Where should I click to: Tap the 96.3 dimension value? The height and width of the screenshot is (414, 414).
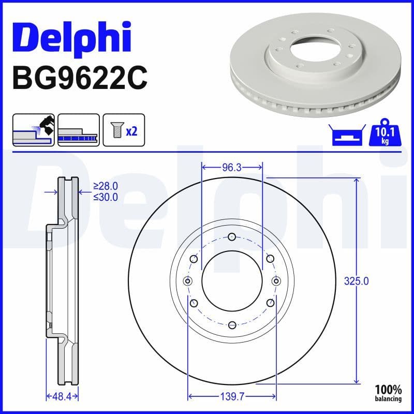click(x=232, y=168)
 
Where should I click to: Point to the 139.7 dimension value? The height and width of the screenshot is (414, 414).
click(x=232, y=396)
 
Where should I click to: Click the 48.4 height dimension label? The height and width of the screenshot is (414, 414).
click(x=62, y=396)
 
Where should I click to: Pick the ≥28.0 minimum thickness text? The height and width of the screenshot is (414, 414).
click(x=106, y=186)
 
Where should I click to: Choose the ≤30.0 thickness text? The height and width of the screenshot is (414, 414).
click(x=106, y=197)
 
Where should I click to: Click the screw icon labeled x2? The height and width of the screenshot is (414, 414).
click(x=124, y=130)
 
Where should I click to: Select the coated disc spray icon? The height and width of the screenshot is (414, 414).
click(x=34, y=130)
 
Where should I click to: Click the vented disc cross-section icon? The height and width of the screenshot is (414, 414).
click(x=79, y=130)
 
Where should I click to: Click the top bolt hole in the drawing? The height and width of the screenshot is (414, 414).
click(x=232, y=238)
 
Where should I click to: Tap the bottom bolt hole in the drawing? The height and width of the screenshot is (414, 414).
click(x=232, y=324)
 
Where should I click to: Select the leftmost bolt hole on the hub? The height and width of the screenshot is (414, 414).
click(x=188, y=281)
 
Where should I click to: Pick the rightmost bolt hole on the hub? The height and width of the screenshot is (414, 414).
click(x=276, y=281)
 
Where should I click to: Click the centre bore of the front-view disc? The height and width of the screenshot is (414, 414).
click(x=232, y=281)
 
